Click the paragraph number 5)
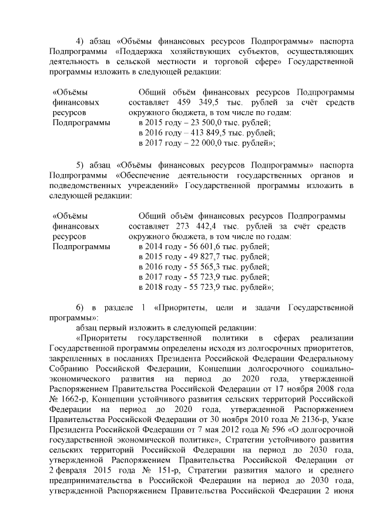(82, 163)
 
